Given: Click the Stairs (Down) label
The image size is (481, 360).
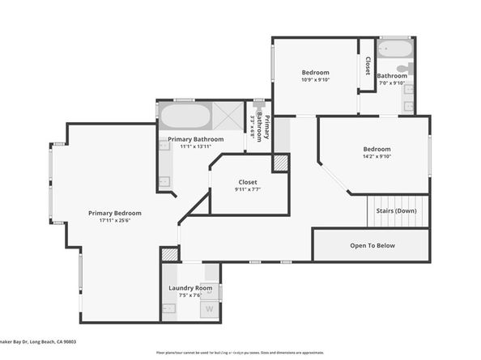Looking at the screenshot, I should [x=396, y=211].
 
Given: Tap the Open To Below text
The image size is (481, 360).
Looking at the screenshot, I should [x=372, y=245].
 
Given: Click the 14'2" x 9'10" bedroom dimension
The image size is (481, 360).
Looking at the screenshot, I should [x=377, y=156].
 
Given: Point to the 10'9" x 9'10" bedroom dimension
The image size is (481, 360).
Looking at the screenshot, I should [x=315, y=79].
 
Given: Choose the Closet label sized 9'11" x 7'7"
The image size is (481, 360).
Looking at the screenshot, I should [x=248, y=182].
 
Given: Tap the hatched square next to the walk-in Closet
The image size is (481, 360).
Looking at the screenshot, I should [x=280, y=163].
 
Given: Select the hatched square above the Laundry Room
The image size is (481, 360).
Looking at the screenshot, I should [x=169, y=254].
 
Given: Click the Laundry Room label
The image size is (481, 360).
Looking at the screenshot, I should [x=190, y=288].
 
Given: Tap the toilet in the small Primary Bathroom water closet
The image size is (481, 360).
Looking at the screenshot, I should [x=259, y=106].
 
